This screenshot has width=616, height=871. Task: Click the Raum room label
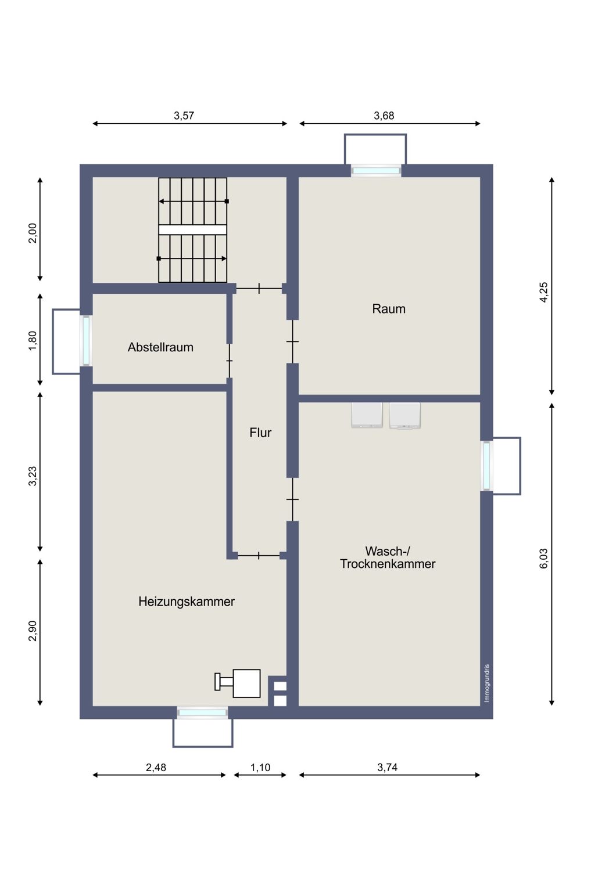click(388, 309)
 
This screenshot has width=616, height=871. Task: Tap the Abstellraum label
click(160, 347)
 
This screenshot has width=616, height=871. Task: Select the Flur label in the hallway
click(260, 433)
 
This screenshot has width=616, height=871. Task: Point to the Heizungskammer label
click(187, 602)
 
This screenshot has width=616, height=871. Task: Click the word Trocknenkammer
click(388, 564)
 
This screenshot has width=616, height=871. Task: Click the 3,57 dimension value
click(184, 116)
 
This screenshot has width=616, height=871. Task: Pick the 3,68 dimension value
click(384, 116)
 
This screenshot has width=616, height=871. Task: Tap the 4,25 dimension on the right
click(543, 292)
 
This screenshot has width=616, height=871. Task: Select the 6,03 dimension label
click(543, 559)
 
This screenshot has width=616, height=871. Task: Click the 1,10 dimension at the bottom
click(260, 767)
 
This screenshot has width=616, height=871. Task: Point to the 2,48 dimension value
click(156, 767)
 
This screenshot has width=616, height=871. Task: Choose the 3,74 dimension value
click(387, 767)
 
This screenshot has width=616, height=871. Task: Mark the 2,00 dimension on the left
click(33, 233)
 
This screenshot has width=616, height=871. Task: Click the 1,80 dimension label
click(33, 341)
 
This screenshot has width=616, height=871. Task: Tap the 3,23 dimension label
click(33, 476)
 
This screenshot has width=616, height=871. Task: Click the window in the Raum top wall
click(376, 171)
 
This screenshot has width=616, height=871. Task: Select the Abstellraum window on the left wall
click(86, 341)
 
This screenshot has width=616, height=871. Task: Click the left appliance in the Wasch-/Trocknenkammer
click(367, 415)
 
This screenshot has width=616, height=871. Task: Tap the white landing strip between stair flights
click(192, 230)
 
